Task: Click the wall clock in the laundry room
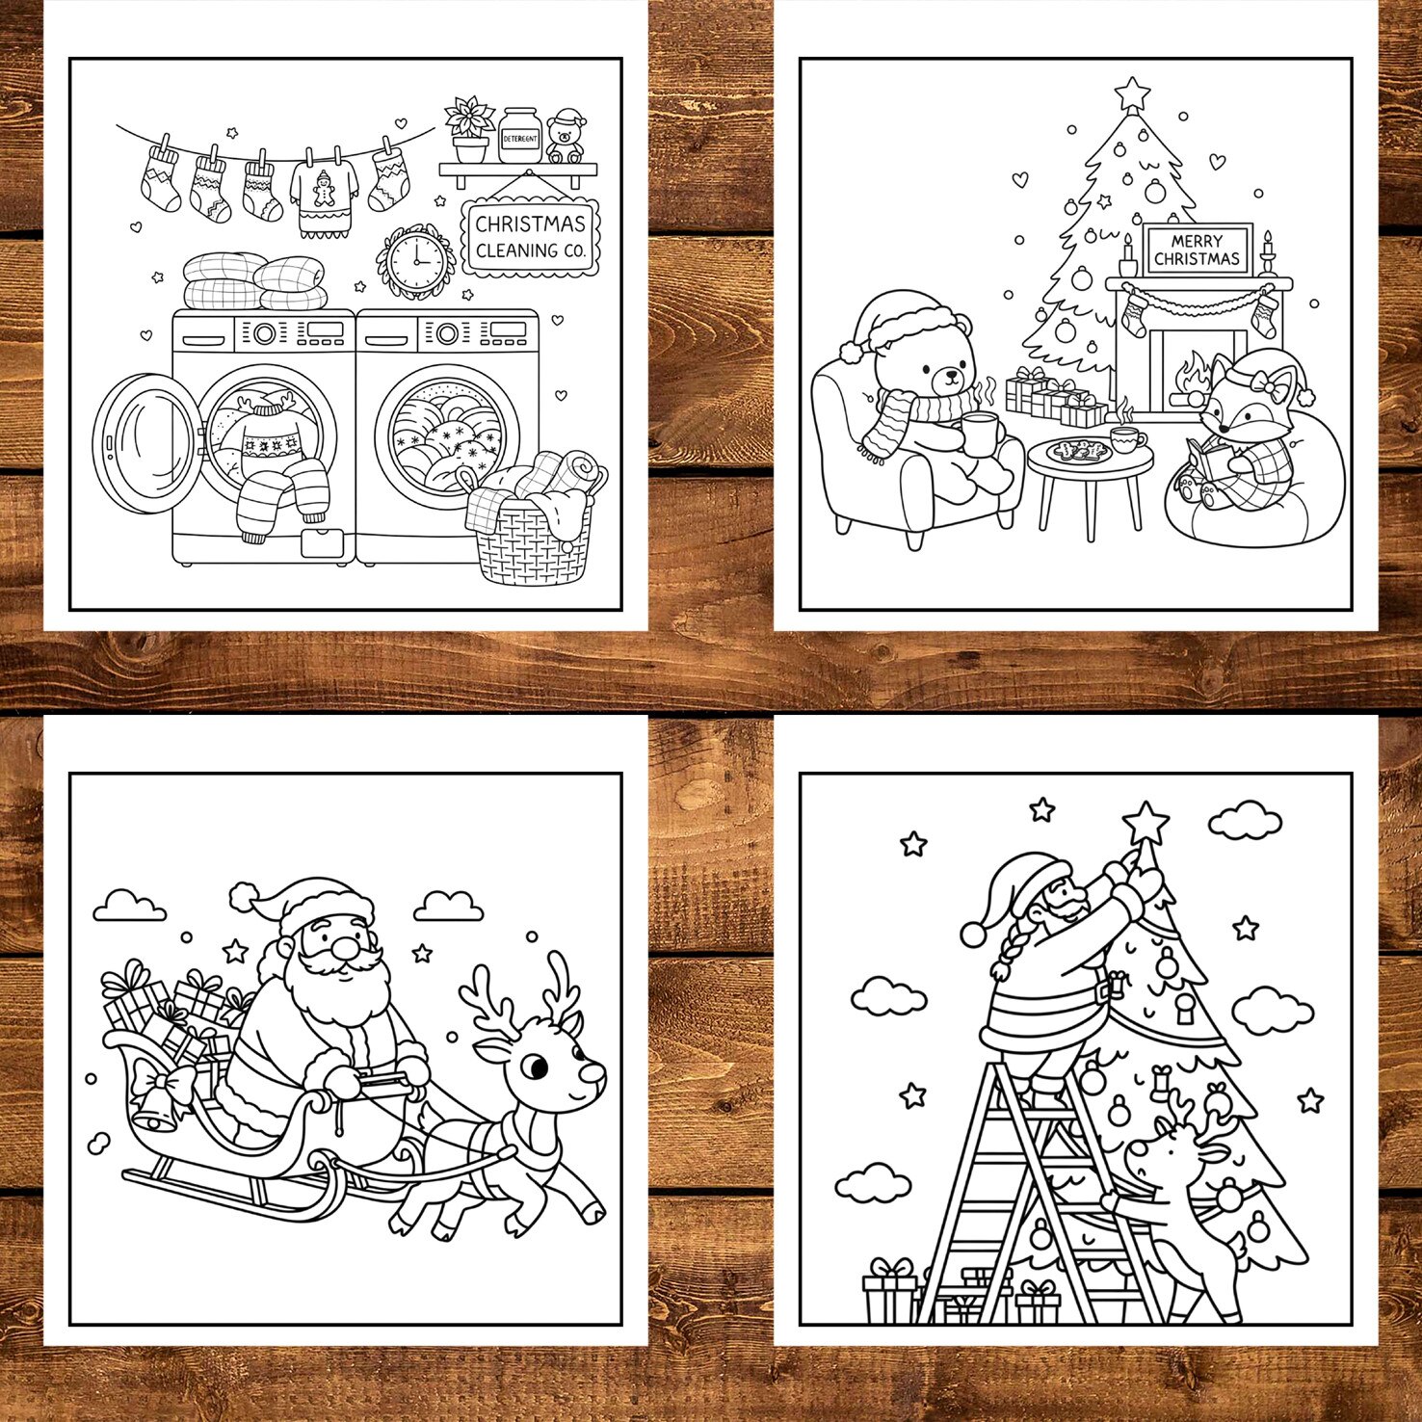point(415,260)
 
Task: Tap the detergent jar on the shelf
point(519,135)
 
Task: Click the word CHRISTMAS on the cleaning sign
point(530,224)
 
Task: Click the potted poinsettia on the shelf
point(469,129)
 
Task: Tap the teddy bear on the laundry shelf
point(566,138)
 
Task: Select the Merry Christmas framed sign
point(1197,250)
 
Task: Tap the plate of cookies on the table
point(1078,451)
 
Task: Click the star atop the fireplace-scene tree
point(1132,93)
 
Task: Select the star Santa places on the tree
point(1145,824)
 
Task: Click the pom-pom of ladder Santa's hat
point(974,933)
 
